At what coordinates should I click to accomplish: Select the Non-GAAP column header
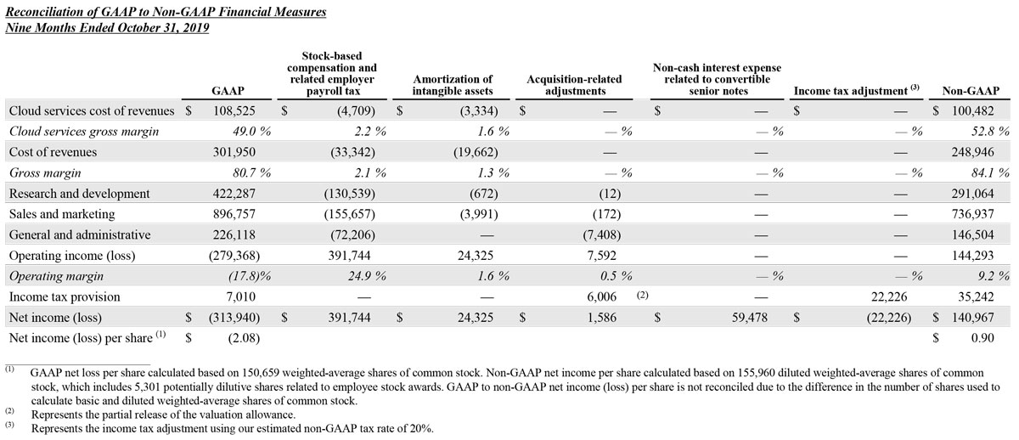pyautogui.click(x=970, y=90)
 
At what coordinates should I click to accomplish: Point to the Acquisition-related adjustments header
pyautogui.click(x=574, y=84)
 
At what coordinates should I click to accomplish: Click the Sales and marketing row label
pyautogui.click(x=61, y=214)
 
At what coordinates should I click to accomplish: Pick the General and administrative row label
pyautogui.click(x=79, y=234)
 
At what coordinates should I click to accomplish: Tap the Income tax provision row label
pyautogui.click(x=64, y=296)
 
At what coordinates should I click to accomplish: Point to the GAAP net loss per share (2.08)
pyautogui.click(x=240, y=338)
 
